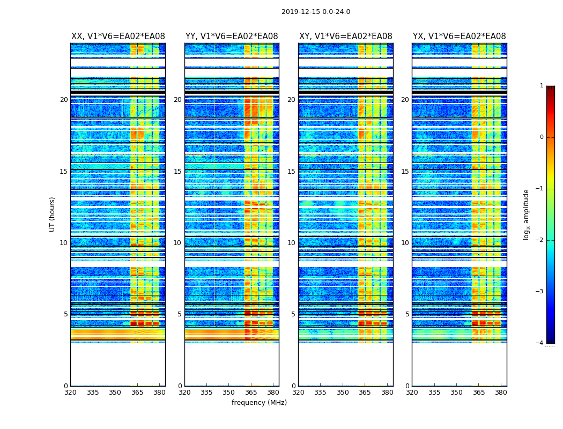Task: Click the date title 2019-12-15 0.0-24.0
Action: point(315,12)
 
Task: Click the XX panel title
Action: point(118,36)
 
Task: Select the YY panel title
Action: point(232,36)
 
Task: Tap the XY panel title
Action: point(345,36)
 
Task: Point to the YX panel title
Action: point(459,36)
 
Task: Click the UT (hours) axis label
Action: point(53,214)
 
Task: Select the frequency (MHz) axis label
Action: point(259,403)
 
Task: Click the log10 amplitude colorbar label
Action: point(527,214)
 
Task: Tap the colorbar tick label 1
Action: point(542,86)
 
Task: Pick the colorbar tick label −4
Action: point(540,343)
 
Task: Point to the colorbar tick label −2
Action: point(540,240)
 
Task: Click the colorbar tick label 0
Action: point(542,137)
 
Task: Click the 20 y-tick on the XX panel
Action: point(64,100)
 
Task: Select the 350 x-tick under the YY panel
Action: point(229,392)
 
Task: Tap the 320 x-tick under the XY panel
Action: point(299,392)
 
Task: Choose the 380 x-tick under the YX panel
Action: point(501,392)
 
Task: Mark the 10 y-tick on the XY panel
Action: point(291,243)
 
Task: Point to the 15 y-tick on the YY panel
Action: point(177,172)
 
